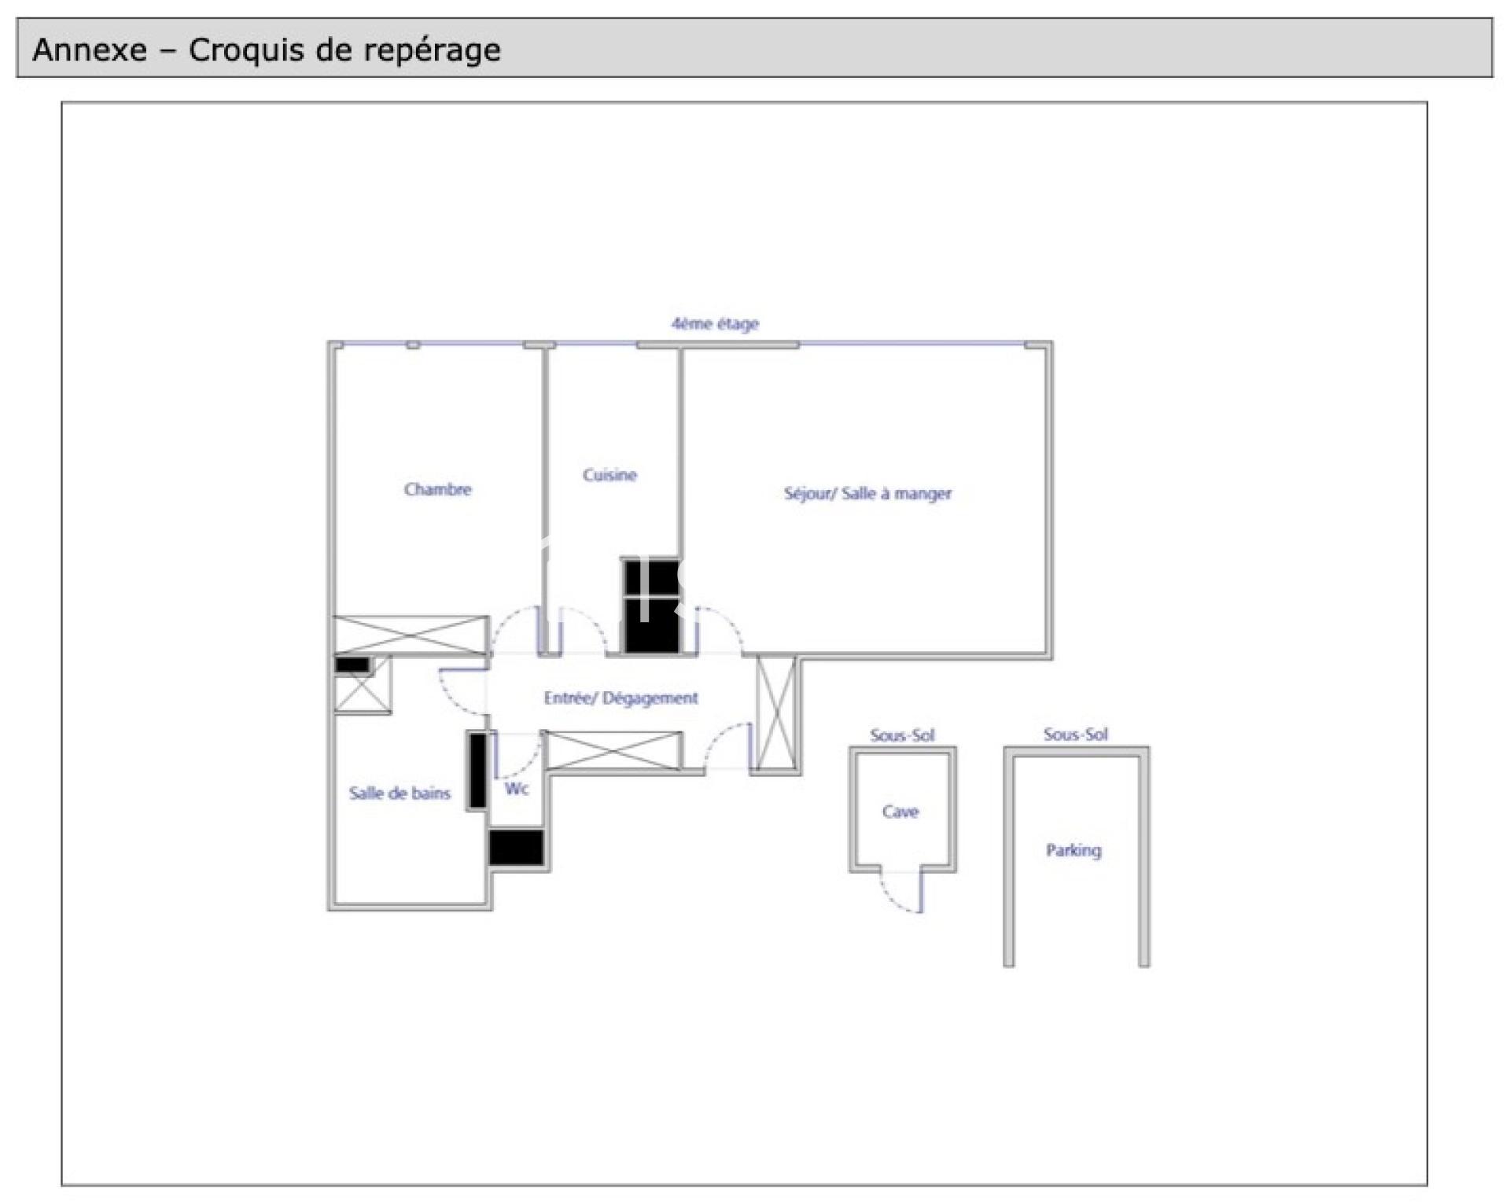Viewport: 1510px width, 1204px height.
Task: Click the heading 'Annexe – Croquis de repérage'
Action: [267, 50]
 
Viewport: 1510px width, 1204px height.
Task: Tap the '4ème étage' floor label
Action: [715, 323]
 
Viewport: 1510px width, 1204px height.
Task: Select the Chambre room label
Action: [438, 489]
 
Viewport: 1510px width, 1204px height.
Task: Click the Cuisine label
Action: [610, 475]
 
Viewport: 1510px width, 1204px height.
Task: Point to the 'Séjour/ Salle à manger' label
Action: [867, 494]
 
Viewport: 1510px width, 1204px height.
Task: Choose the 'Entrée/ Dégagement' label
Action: [621, 698]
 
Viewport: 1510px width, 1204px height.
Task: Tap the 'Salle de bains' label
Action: [400, 793]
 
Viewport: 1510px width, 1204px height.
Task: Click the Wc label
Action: [516, 789]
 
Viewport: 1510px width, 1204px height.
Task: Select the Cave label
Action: [900, 812]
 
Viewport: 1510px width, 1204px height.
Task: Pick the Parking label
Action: [1074, 850]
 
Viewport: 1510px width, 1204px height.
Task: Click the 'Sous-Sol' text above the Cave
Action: [902, 736]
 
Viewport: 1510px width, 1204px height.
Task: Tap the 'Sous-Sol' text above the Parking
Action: [1076, 735]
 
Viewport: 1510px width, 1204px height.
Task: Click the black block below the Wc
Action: [516, 848]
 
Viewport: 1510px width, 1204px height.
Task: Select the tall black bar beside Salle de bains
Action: [477, 771]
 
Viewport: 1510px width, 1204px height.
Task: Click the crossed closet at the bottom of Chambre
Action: [411, 635]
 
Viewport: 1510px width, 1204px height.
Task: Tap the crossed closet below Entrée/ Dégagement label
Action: [614, 750]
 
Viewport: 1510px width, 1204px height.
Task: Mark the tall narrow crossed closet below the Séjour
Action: [776, 713]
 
